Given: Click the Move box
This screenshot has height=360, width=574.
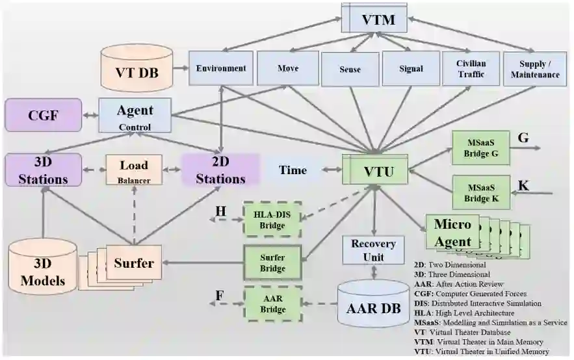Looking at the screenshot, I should [x=287, y=68].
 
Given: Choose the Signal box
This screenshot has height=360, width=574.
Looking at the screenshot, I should [x=411, y=68].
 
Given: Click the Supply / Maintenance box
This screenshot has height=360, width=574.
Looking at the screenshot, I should [x=539, y=68].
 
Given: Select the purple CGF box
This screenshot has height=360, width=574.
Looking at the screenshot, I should [x=44, y=115].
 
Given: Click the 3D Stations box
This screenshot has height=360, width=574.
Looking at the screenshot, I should [x=44, y=168].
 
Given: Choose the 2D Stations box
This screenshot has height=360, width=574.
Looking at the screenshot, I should [x=220, y=170].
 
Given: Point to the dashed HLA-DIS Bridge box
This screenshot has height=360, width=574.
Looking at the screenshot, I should [x=272, y=219].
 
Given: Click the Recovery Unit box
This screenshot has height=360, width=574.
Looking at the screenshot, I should [x=373, y=250].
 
